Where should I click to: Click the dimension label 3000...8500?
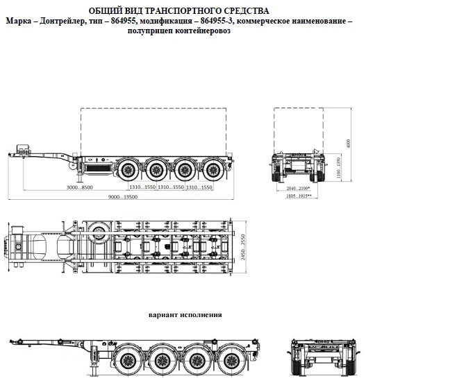pyautogui.click(x=79, y=187)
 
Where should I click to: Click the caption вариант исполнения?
pyautogui.click(x=185, y=314)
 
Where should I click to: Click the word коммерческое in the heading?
pyautogui.click(x=268, y=22)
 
